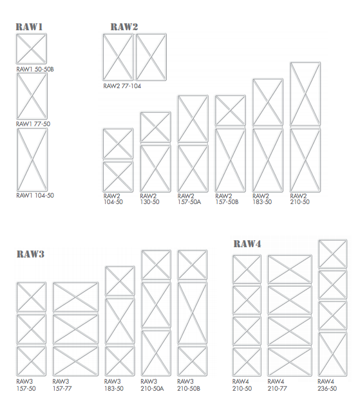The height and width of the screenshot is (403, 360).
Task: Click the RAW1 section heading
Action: pyautogui.click(x=29, y=27)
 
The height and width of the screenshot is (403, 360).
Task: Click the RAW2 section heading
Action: pyautogui.click(x=124, y=27)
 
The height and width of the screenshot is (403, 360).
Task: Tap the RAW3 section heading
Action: pyautogui.click(x=31, y=254)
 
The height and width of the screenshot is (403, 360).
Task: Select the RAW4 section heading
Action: pyautogui.click(x=247, y=243)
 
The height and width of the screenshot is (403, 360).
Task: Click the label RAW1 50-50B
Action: pyautogui.click(x=35, y=69)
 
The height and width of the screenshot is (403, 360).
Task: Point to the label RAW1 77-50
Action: pyautogui.click(x=33, y=124)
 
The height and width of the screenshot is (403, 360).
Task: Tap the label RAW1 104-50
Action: pyautogui.click(x=35, y=195)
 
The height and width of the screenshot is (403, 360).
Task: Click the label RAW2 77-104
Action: pyautogui.click(x=122, y=86)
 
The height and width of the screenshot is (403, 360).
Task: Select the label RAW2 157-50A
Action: pyautogui.click(x=189, y=199)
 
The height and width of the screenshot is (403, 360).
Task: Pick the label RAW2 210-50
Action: pyautogui.click(x=300, y=199)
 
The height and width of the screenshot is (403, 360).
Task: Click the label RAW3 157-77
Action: pyautogui.click(x=62, y=385)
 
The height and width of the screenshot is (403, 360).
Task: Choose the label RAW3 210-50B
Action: pyautogui.click(x=189, y=385)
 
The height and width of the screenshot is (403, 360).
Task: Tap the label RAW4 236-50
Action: pyautogui.click(x=327, y=385)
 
